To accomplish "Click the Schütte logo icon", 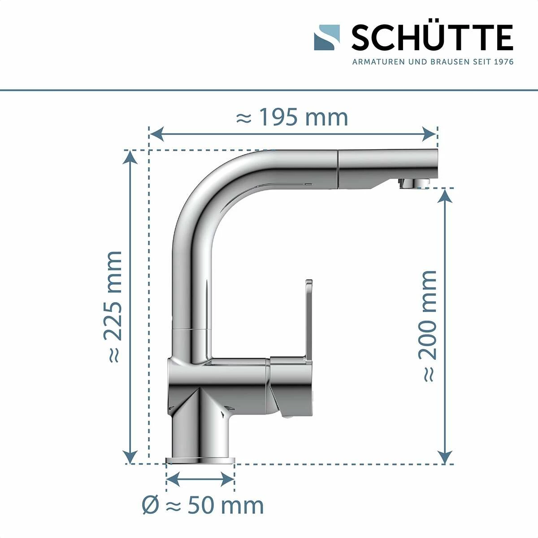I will tap(326, 37).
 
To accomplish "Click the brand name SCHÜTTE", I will tap(432, 38).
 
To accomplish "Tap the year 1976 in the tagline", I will tap(503, 61).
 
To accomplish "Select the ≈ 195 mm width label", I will tap(292, 117).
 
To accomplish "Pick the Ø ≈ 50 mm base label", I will tap(203, 506).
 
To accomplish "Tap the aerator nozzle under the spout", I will tap(414, 183).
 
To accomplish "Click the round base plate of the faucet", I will tap(200, 460).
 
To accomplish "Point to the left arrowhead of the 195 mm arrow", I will tap(155, 133).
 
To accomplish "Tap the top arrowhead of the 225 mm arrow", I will tap(130, 156).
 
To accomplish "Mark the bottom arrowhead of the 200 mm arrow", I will tap(444, 457).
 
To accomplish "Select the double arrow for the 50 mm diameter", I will tap(200, 479).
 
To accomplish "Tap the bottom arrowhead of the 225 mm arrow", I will tap(130, 457).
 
